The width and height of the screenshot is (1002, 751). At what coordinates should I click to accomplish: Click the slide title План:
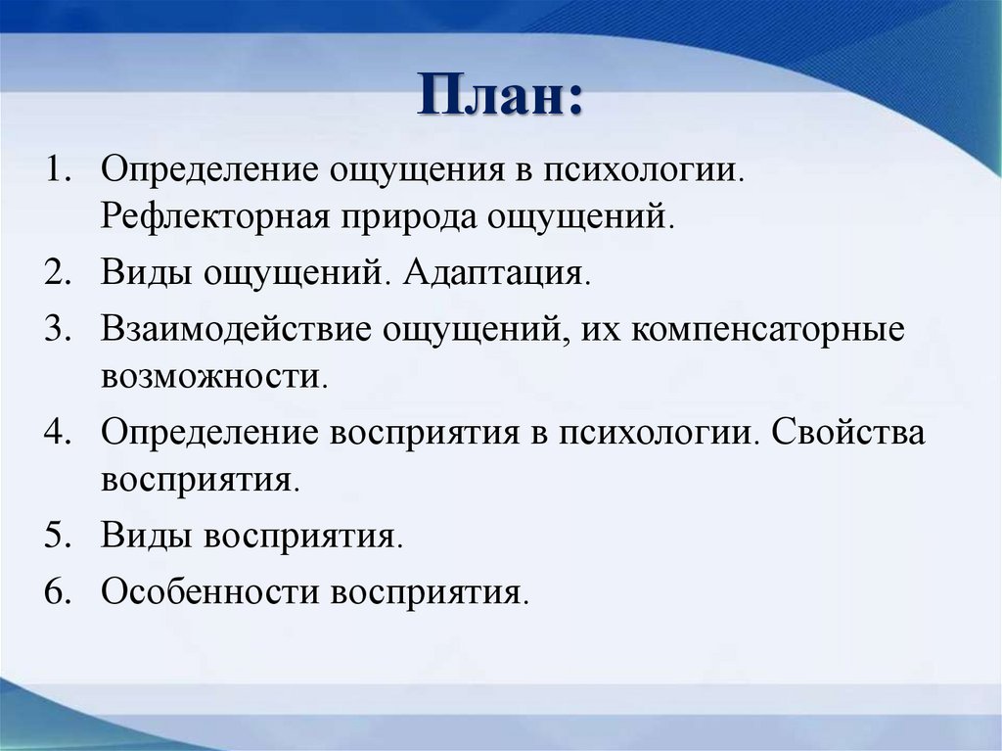501,99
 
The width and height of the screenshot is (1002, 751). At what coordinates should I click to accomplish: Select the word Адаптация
496,271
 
